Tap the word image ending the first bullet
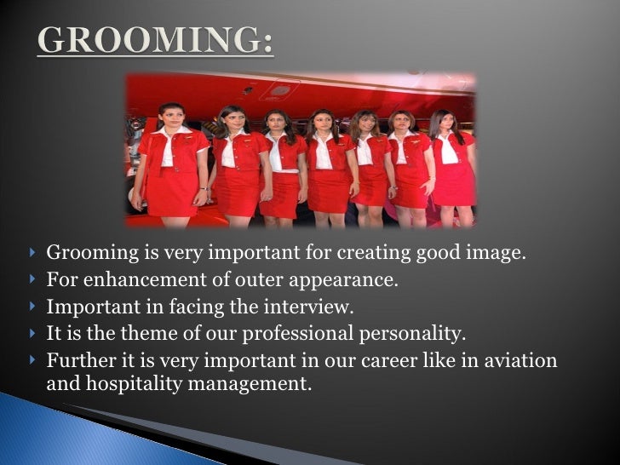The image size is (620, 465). point(494,253)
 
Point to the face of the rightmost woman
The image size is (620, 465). point(443,124)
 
